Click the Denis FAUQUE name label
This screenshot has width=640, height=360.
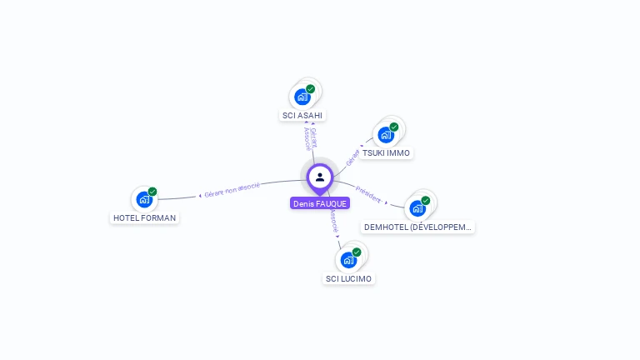320,203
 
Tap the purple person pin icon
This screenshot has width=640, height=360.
320,177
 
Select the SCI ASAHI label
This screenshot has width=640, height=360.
302,116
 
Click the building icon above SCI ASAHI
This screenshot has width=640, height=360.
302,97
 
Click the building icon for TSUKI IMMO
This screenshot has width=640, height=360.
386,134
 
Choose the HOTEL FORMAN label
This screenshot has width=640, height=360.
145,218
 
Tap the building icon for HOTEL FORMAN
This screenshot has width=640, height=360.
145,199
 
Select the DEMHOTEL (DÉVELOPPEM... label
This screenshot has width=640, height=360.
418,227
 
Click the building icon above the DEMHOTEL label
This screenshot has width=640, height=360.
417,207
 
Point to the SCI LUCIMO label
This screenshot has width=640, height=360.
349,278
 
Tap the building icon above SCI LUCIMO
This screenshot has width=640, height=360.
349,259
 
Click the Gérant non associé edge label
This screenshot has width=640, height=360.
232,190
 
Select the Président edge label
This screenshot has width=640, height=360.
368,193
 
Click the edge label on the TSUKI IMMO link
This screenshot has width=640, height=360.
352,157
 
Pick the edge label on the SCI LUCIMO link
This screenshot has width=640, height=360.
333,221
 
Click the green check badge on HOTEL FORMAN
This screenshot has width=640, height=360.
152,192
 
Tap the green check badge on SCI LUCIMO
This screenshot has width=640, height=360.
357,252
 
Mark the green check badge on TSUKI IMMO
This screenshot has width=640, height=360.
394,127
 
